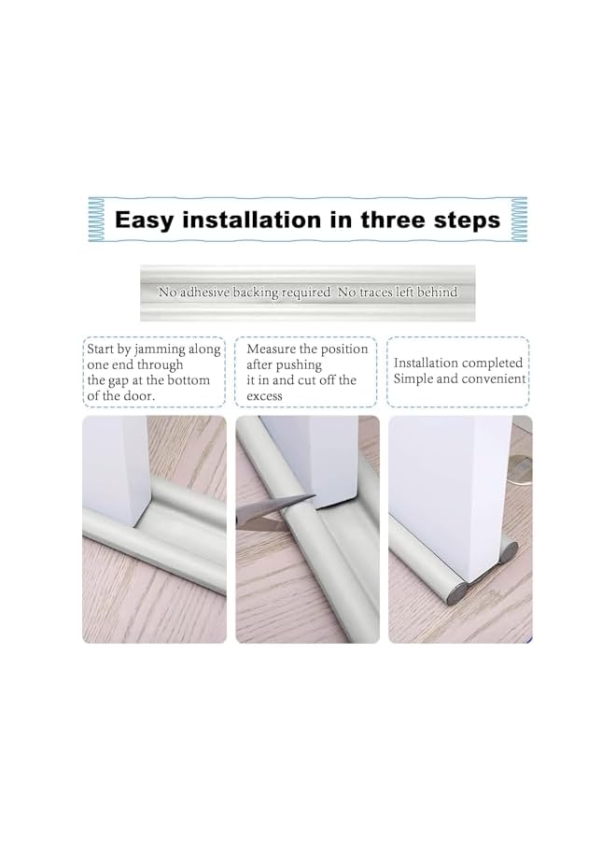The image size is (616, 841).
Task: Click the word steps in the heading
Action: pos(466,221)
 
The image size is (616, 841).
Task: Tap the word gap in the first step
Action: pos(134,380)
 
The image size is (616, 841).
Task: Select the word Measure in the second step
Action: pos(272,349)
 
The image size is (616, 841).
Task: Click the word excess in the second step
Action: pos(265,396)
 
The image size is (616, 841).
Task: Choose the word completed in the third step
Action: pos(489,363)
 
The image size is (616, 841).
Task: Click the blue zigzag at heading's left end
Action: pos(97,221)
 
